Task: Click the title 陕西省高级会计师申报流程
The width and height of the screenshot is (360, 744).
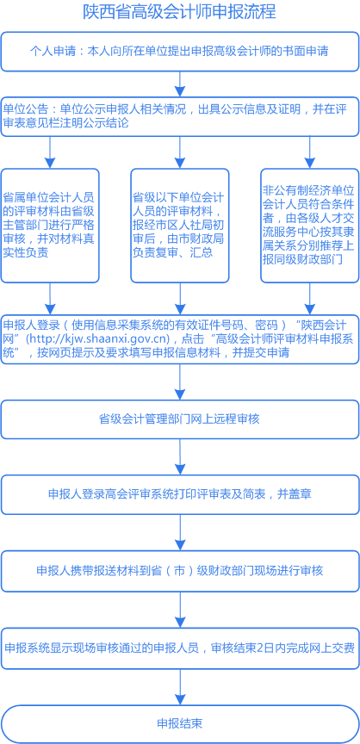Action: point(179,13)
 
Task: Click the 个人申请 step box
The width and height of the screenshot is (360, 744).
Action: point(179,52)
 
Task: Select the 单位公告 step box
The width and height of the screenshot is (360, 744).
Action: point(179,116)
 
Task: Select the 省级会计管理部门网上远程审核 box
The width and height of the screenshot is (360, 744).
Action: point(179,419)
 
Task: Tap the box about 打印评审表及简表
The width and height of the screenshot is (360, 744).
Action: point(179,495)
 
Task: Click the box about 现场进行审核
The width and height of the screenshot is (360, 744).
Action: point(179,571)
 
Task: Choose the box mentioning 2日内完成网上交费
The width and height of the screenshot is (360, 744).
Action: point(179,648)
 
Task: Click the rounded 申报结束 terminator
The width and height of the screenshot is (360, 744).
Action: point(179,723)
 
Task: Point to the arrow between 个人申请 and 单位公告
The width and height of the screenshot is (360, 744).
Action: point(179,84)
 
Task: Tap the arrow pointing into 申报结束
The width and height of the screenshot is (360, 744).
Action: point(179,686)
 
